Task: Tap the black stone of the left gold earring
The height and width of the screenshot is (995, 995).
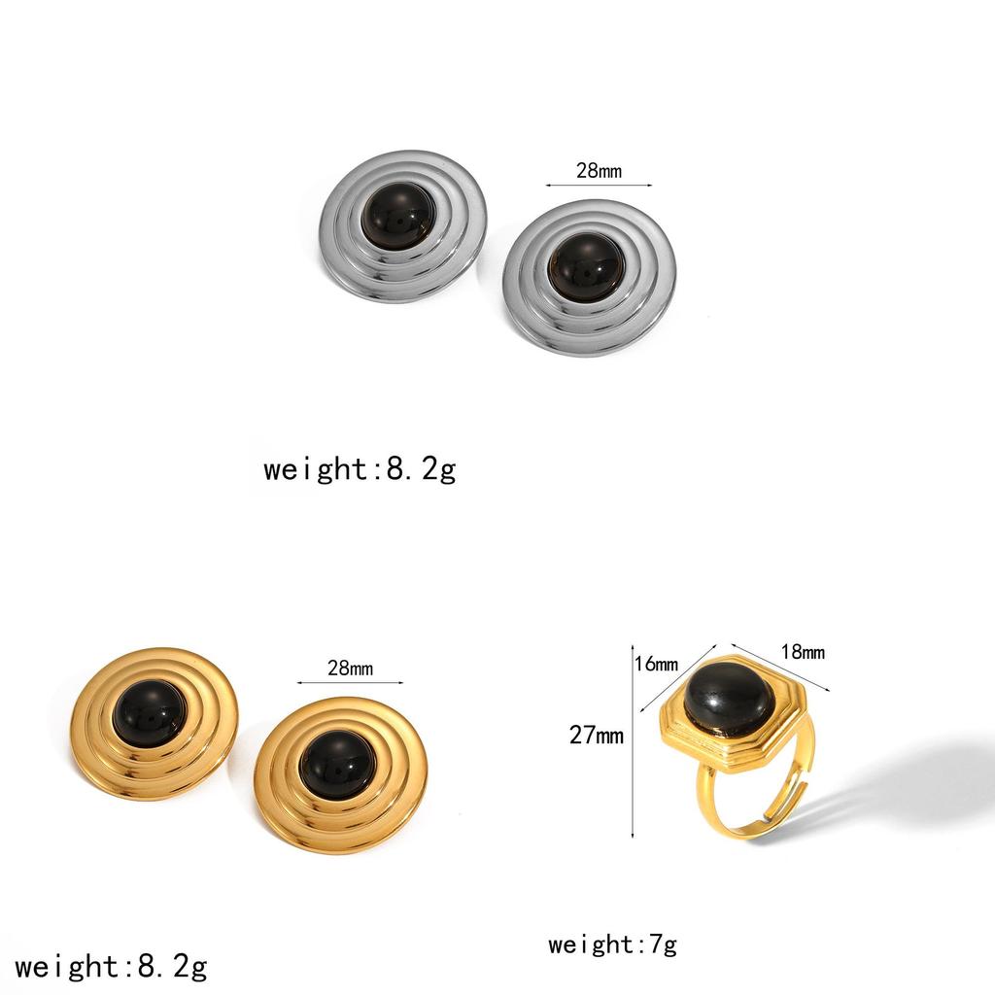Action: point(151,711)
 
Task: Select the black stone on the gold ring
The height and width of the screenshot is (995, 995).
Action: point(728,695)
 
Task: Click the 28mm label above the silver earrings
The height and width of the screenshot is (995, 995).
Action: point(599,170)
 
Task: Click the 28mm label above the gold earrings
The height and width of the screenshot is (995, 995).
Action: point(350,668)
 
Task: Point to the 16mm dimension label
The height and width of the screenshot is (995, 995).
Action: point(656,664)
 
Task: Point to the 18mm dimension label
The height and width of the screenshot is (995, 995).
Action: point(803,651)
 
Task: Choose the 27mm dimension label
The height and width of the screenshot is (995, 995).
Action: point(596,735)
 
